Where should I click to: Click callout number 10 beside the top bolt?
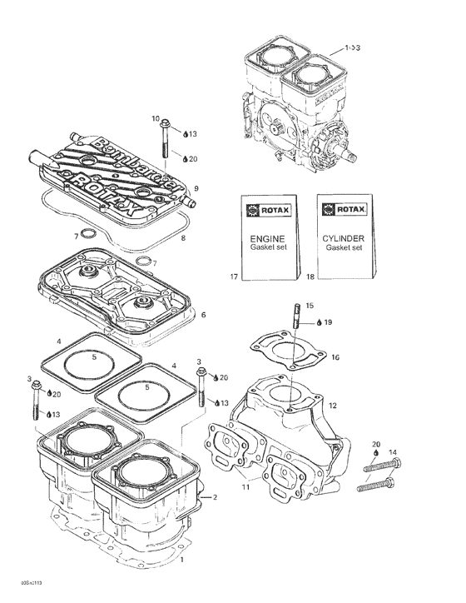click(156, 119)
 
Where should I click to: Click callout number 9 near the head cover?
click(196, 187)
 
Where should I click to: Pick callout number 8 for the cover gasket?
click(183, 239)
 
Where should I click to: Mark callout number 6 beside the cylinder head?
click(203, 315)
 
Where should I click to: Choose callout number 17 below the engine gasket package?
click(235, 275)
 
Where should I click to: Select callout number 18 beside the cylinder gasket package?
click(310, 275)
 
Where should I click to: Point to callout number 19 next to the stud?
click(329, 321)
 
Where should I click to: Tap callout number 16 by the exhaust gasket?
click(335, 357)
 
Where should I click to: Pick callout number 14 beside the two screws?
click(393, 452)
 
